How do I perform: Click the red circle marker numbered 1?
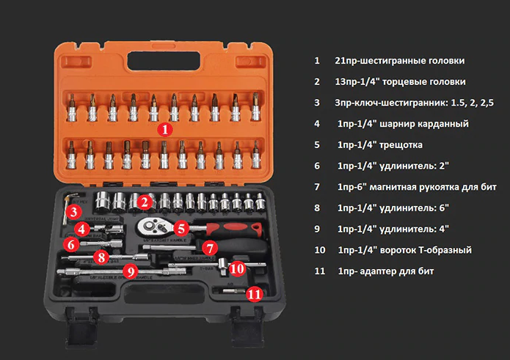click(x=165, y=130)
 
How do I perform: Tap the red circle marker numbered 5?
click(x=181, y=228)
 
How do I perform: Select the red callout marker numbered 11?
click(x=255, y=294)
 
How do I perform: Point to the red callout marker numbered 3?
click(x=73, y=212)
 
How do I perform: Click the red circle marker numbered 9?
click(x=131, y=271)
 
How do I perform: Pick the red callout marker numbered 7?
click(x=210, y=249)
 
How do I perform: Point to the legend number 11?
click(x=319, y=271)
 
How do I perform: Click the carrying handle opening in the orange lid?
click(x=164, y=61)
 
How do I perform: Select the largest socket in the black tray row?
click(x=103, y=202)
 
